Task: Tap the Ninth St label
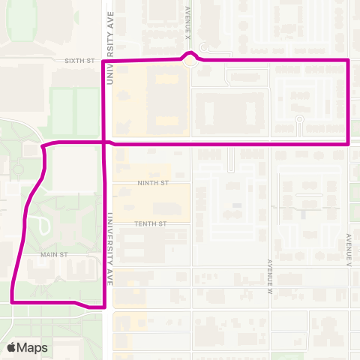coord(154,182)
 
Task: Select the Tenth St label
coord(150,223)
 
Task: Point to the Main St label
coord(55,255)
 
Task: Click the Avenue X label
coord(187,22)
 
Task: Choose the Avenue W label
coord(268,275)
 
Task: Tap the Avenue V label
coord(349,250)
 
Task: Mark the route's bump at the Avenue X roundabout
coord(192,54)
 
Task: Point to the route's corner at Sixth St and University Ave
coord(103,61)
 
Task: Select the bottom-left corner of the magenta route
coord(13,301)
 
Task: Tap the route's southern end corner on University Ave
coord(103,307)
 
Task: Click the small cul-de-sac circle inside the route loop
coord(298,119)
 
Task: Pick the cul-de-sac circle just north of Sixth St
coord(202,46)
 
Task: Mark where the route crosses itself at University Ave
coord(103,141)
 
